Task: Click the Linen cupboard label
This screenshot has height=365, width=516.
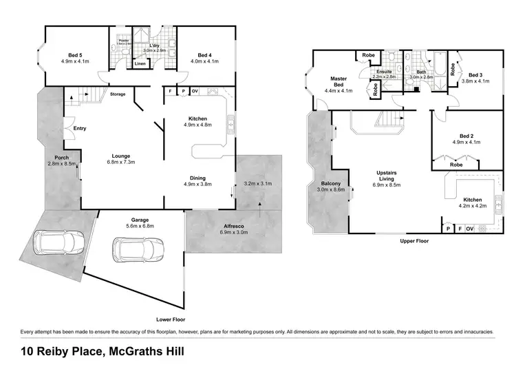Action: pos(140,64)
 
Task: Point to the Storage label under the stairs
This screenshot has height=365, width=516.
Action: pos(118,94)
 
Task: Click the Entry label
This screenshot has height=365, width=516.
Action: pos(80,128)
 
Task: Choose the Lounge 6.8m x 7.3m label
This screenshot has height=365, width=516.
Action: pos(121,159)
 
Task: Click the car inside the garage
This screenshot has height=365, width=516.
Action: pos(140,247)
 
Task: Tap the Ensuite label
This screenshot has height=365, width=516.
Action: pos(384,74)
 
